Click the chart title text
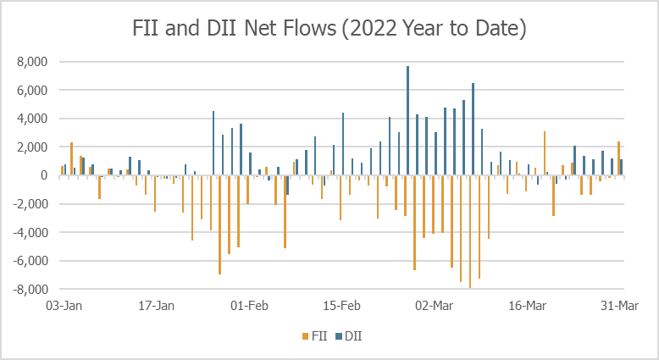329,29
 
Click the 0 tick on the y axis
43,175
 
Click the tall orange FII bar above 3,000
544,153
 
